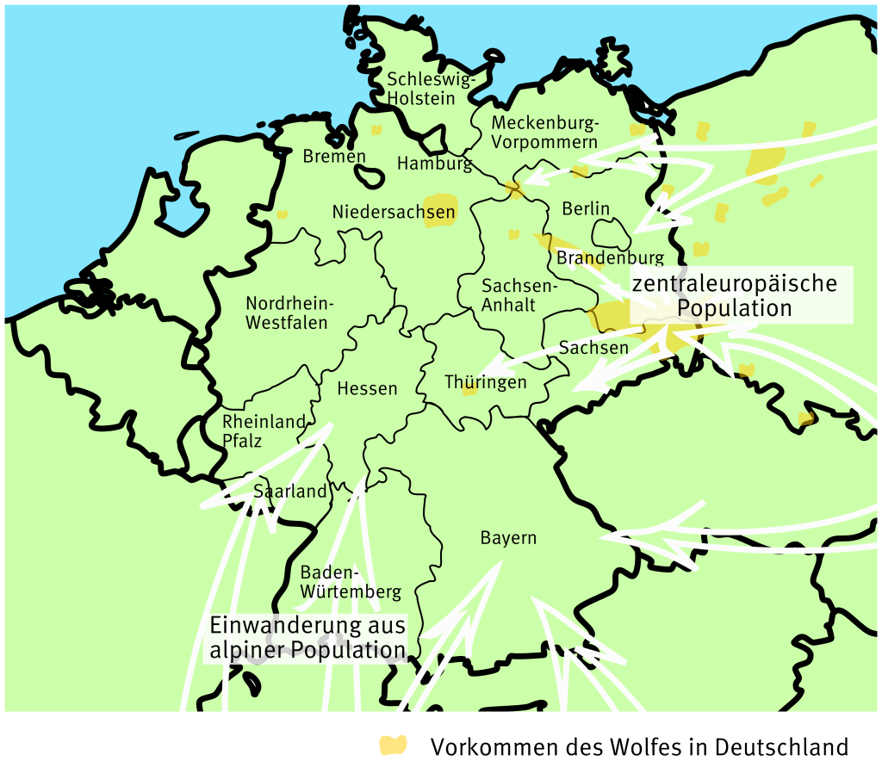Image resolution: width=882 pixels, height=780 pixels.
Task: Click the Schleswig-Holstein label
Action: pyautogui.click(x=431, y=89)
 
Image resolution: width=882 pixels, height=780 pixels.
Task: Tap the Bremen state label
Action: pyautogui.click(x=334, y=157)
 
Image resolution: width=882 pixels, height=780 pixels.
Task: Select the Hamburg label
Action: pyautogui.click(x=434, y=163)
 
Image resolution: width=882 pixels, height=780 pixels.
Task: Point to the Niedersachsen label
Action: pyautogui.click(x=381, y=211)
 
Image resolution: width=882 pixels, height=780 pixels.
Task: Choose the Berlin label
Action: pyautogui.click(x=586, y=208)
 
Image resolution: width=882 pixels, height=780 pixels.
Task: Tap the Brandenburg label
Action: pyautogui.click(x=611, y=257)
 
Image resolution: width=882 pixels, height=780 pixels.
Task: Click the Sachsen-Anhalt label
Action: pyautogui.click(x=509, y=294)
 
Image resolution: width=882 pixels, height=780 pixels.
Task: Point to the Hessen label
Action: pyautogui.click(x=367, y=388)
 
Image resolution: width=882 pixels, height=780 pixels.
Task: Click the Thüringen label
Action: pyautogui.click(x=485, y=382)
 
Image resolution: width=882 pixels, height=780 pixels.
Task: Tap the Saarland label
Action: pyautogui.click(x=290, y=492)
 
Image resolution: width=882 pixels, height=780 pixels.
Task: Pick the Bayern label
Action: pyautogui.click(x=508, y=538)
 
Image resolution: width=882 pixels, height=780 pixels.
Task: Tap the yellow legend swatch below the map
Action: pyautogui.click(x=394, y=746)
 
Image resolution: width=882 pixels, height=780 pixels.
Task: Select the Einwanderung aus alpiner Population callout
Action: pyautogui.click(x=307, y=637)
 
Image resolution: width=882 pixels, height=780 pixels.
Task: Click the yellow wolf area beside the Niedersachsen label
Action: pyautogui.click(x=440, y=209)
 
